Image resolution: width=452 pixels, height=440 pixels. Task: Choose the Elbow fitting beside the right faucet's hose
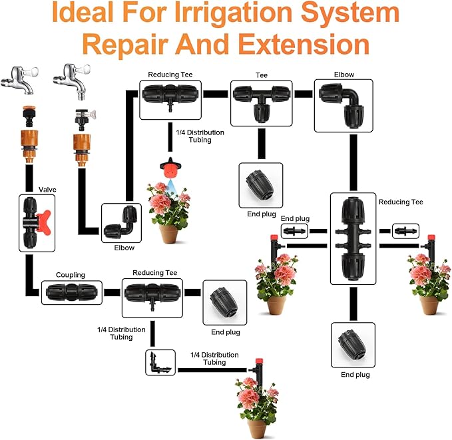(x=122, y=224)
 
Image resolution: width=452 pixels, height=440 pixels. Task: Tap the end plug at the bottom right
(x=352, y=343)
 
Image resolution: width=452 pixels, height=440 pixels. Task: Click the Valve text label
(x=47, y=190)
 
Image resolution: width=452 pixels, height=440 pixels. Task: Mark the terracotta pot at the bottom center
(x=260, y=427)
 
